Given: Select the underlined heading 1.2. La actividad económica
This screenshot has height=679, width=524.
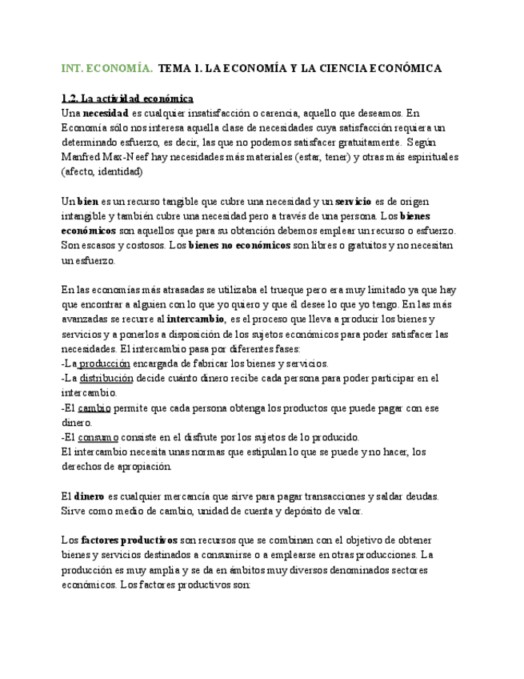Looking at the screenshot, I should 127,98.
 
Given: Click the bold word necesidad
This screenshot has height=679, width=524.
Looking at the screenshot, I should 106,113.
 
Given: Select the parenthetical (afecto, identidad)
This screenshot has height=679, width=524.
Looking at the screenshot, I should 102,171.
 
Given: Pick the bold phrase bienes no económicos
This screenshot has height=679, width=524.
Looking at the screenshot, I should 238,245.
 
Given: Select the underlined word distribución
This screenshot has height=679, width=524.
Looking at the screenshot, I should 106,378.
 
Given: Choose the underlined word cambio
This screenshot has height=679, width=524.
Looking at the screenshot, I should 94,408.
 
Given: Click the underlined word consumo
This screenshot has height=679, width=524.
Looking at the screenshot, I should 98,437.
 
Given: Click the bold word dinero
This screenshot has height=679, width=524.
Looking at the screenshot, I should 89,496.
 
